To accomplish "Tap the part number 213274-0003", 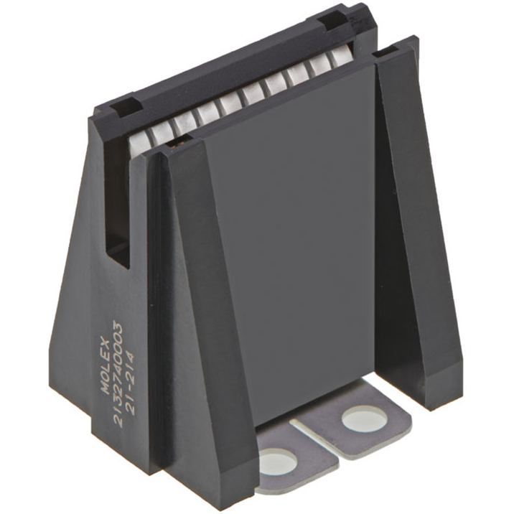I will coord(121,373).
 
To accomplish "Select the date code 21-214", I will coord(134,380).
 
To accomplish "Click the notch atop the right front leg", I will coord(393,52).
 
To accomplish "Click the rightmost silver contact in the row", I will coord(343,68).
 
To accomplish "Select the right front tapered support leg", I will coord(416,215).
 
